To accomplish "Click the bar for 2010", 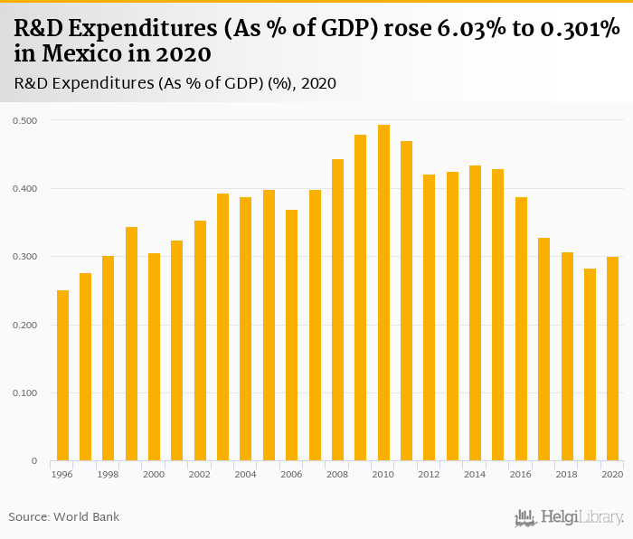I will coord(383,293).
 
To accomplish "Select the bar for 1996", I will coord(62,375).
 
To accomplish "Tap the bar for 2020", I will coord(613,359).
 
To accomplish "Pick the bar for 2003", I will coord(222,327).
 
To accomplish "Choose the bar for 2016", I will coord(521,329).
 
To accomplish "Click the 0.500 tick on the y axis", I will coord(25,120).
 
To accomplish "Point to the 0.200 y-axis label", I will coord(25,325).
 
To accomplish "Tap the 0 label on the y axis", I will coord(34,461).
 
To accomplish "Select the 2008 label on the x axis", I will coord(337,475).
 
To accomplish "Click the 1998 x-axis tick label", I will coord(109,475).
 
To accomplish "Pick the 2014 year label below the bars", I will coord(475,475).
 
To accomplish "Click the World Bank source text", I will coord(88,517).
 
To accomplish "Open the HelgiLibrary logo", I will coord(570,517).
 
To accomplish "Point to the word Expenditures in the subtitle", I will coord(100,83).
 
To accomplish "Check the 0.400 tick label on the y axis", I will coord(25,188).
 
